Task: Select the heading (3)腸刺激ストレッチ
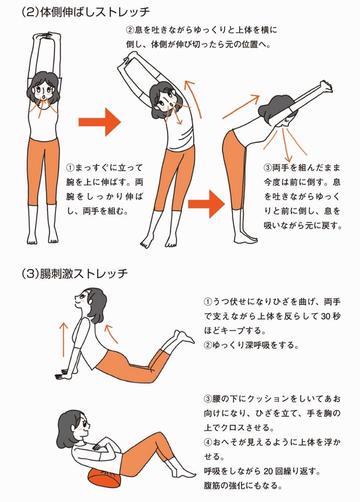point(75,274)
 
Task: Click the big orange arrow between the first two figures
point(99,122)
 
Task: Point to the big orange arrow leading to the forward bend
point(206,204)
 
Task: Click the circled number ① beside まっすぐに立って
point(70,168)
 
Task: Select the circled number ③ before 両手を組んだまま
point(268,168)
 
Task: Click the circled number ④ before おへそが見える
point(208,442)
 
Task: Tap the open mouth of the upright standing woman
point(43,96)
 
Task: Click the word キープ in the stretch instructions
point(232,331)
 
